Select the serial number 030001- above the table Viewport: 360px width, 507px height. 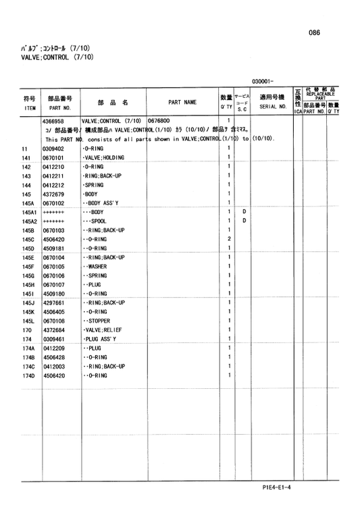coord(263,81)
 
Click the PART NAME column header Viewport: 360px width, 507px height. coord(182,103)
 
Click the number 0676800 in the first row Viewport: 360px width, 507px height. coord(159,121)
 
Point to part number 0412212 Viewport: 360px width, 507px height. coord(53,185)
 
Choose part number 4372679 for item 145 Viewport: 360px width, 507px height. coord(53,194)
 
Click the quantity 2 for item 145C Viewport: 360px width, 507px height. coord(230,239)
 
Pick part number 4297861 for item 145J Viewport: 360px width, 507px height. coord(53,303)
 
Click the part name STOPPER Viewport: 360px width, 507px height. coord(100,321)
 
